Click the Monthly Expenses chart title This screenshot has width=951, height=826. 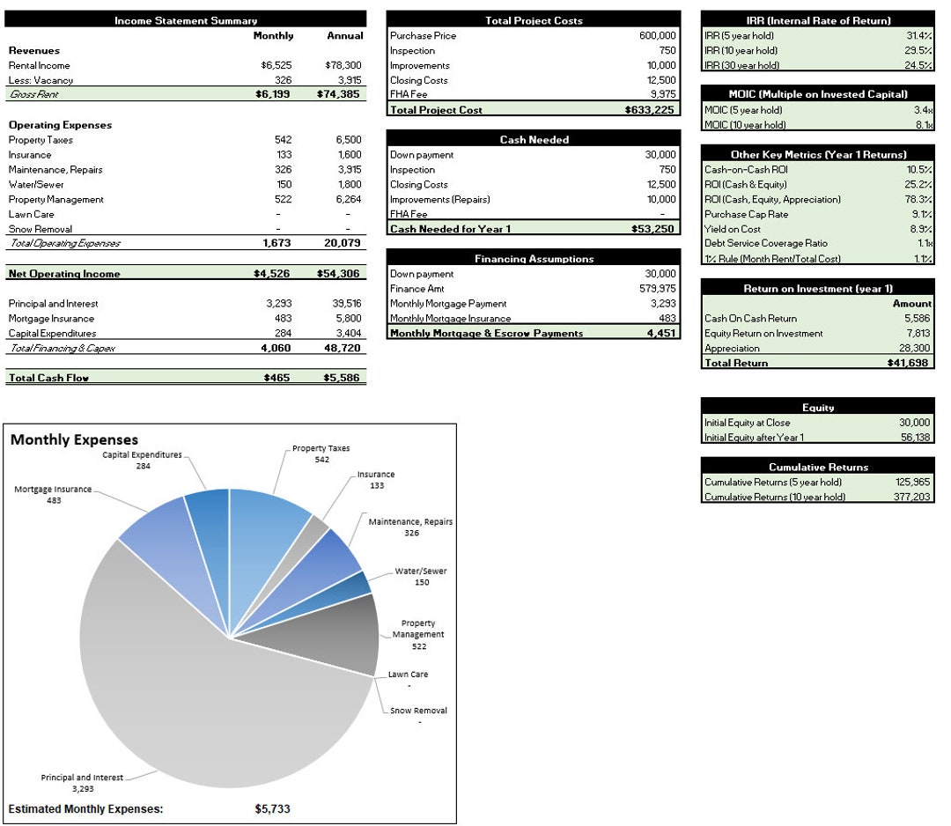[74, 439]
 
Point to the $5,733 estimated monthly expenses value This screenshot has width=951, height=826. [272, 808]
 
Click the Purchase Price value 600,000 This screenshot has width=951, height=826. [657, 36]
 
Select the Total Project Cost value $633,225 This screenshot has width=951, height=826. [651, 110]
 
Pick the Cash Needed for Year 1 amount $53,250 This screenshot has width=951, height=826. [654, 229]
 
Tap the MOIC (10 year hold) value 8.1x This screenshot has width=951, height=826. [923, 125]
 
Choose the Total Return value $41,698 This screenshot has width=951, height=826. [909, 363]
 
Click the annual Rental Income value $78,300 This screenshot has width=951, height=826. [343, 65]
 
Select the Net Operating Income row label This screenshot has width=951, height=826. [64, 274]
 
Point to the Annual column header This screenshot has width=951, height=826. [345, 36]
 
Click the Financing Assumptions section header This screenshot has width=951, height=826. [534, 259]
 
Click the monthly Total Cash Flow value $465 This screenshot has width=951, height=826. [276, 378]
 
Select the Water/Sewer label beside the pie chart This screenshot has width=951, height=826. [420, 572]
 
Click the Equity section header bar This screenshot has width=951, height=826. [817, 408]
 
